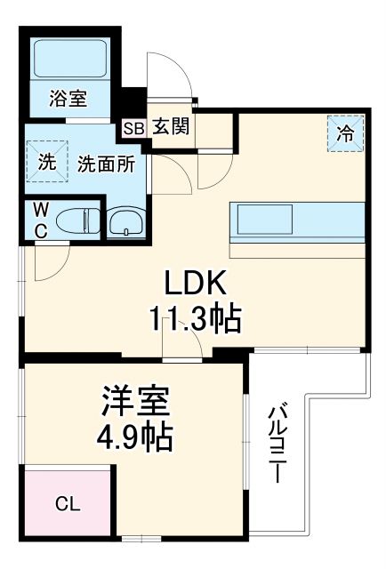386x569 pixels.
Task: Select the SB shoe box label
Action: click(x=133, y=127)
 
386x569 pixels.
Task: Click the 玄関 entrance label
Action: click(x=169, y=126)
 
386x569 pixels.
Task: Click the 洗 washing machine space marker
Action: click(x=46, y=163)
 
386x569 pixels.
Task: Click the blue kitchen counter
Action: click(x=298, y=219)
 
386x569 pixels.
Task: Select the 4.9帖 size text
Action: click(x=134, y=437)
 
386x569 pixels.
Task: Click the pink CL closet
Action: click(x=68, y=503)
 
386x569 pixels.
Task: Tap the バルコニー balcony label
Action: click(x=277, y=443)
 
